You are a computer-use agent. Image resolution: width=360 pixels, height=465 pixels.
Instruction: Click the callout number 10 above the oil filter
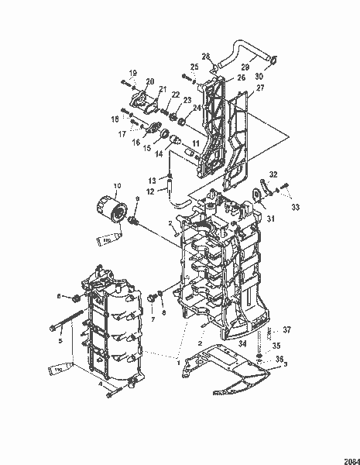tap(117, 186)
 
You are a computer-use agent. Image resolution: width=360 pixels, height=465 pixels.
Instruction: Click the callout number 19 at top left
tap(133, 73)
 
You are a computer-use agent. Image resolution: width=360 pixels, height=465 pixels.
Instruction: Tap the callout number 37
tap(286, 330)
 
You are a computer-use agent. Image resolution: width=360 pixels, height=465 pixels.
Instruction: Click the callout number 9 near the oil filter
tap(138, 200)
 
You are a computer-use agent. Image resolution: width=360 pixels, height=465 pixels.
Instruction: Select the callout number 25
tap(194, 67)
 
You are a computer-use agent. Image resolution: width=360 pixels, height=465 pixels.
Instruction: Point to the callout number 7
tap(152, 319)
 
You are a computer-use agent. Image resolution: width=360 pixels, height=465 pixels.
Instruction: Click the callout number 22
tap(176, 95)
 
